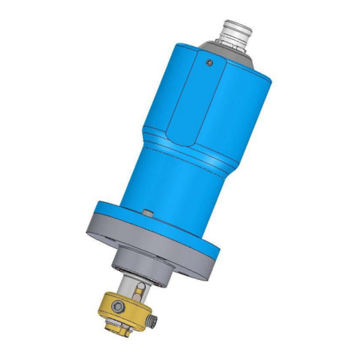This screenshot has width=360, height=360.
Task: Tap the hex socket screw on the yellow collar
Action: point(98,306)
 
